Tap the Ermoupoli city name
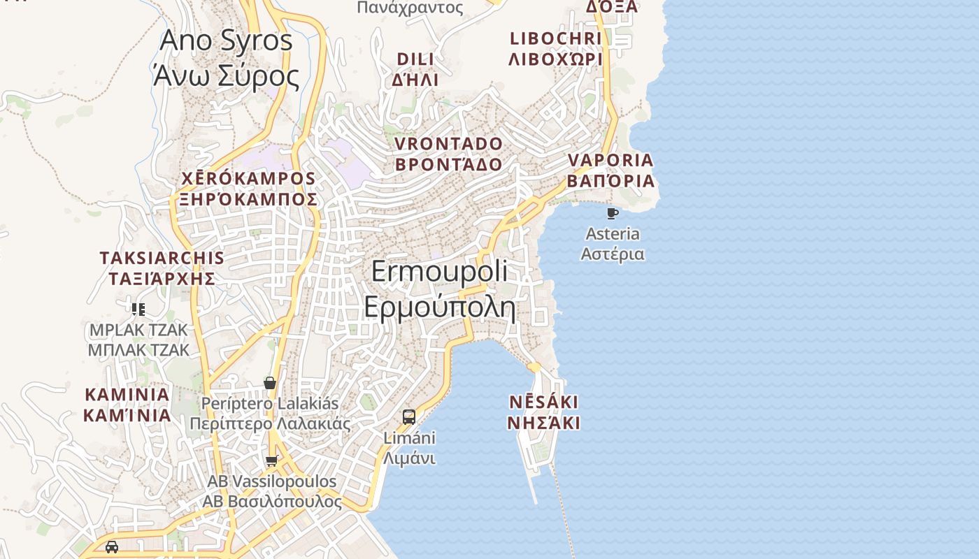(x=439, y=289)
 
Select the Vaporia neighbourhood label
(x=610, y=170)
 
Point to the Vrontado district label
(x=448, y=154)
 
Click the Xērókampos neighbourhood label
(x=248, y=189)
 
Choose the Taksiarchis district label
(x=162, y=268)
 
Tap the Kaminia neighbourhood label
(x=127, y=405)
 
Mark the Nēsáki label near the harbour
(x=543, y=412)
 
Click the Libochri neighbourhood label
(x=555, y=48)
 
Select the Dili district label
(x=415, y=68)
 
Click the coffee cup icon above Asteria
(x=613, y=213)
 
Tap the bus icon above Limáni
(x=409, y=417)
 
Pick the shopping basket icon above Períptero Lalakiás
(x=270, y=383)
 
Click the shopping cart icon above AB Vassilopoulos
(x=271, y=460)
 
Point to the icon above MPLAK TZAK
(x=138, y=309)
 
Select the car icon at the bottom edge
(x=111, y=546)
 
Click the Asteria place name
(x=613, y=243)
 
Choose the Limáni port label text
(x=409, y=448)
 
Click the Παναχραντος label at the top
(x=410, y=8)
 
